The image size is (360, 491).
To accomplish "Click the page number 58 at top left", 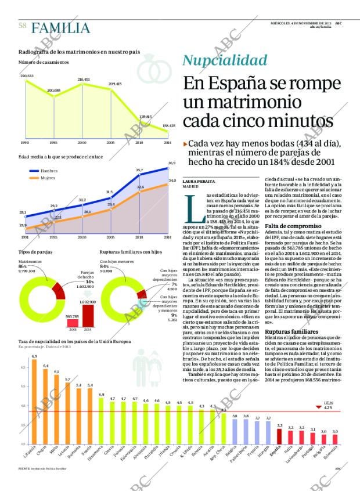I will tap(23, 26).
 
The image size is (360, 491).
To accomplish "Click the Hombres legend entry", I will tap(49, 171).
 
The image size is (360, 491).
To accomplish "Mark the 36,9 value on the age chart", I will tap(172, 163).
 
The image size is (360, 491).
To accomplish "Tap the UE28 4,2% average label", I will tap(327, 405).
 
